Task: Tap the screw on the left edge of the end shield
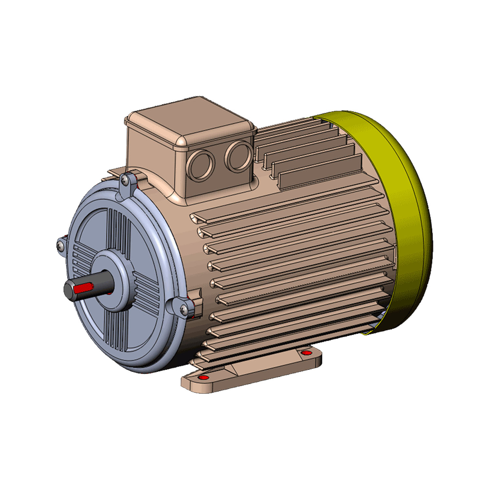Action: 60,245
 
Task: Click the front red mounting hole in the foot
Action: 203,378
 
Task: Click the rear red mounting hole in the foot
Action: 305,353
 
